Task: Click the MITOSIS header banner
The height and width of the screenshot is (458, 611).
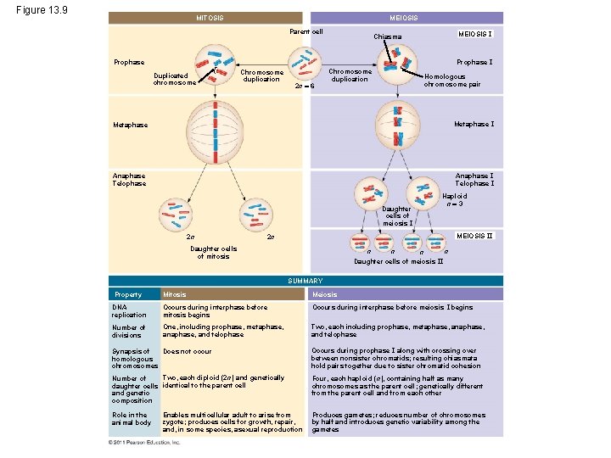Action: (x=209, y=18)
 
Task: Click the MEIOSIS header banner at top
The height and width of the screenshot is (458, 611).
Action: (x=402, y=18)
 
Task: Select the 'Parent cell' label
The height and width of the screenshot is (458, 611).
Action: (x=306, y=32)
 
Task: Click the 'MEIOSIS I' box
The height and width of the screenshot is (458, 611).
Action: (x=475, y=33)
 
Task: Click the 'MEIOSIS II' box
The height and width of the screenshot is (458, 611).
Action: (x=474, y=235)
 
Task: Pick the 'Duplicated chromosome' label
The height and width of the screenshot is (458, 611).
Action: (x=175, y=79)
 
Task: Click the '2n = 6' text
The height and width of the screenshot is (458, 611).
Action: (x=305, y=87)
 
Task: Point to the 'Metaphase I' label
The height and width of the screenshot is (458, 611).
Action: (x=474, y=125)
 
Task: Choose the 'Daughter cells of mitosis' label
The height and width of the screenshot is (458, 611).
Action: (x=213, y=252)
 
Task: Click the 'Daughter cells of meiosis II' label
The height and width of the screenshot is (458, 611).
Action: (x=398, y=261)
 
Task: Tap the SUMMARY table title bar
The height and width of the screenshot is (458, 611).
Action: (x=305, y=281)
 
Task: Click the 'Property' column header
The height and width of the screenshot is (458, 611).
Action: (x=128, y=294)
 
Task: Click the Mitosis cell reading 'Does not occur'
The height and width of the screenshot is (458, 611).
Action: (x=187, y=350)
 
